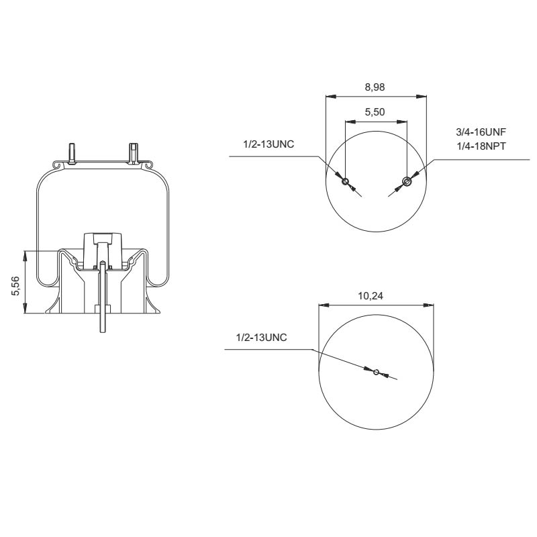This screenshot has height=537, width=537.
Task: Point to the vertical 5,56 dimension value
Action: pyautogui.click(x=16, y=283)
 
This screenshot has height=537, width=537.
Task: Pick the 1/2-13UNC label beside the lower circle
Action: pyautogui.click(x=262, y=338)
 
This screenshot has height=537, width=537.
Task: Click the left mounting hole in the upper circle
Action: pyautogui.click(x=345, y=181)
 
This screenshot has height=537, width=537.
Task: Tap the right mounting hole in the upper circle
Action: pyautogui.click(x=406, y=181)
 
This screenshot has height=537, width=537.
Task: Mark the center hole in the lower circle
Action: pyautogui.click(x=376, y=373)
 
